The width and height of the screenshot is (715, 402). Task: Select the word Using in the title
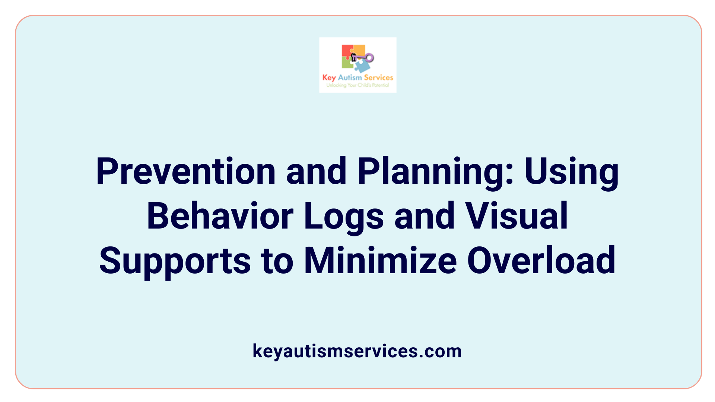(x=572, y=172)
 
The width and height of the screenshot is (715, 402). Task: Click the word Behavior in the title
(x=220, y=216)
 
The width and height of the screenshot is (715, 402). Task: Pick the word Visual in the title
(x=517, y=216)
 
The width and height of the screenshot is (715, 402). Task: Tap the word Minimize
(x=380, y=261)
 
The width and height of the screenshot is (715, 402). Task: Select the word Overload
(x=541, y=261)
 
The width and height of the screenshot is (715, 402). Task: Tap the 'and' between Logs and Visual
(x=425, y=216)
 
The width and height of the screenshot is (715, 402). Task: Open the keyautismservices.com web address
(x=357, y=351)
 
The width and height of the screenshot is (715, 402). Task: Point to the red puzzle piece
(x=347, y=51)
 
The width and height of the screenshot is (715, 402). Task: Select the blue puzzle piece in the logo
(x=362, y=66)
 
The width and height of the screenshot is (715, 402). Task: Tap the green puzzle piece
(x=347, y=63)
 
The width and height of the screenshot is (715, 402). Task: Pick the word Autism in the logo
(x=350, y=77)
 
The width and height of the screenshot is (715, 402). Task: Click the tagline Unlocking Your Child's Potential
(x=357, y=85)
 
